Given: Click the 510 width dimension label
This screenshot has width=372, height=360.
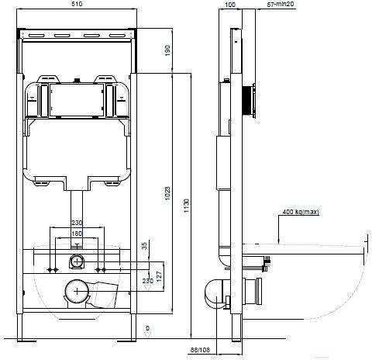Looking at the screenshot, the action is [77, 4].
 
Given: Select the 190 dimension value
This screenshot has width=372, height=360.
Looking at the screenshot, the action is [167, 50].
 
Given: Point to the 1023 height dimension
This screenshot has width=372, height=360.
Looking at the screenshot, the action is [167, 193].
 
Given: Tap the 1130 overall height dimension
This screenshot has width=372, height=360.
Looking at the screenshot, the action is [187, 206].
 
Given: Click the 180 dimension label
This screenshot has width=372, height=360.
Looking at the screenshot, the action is [77, 234].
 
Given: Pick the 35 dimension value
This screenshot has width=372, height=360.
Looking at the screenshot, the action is [145, 246].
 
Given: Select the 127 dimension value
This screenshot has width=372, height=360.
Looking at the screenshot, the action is [159, 276].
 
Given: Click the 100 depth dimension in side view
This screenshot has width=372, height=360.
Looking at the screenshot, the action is [230, 5].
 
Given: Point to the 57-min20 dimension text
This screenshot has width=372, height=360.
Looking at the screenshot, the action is [281, 4].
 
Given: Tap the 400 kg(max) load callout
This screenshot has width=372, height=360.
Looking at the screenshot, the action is [301, 212].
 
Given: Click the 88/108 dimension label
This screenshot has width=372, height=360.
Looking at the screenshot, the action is [200, 350].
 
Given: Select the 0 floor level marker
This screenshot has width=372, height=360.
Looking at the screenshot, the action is [147, 328].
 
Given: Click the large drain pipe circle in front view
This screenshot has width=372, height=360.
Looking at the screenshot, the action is [77, 292].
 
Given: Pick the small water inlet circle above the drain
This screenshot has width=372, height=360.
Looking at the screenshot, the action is [77, 261].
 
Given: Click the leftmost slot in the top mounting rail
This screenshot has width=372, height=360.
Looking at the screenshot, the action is [36, 36].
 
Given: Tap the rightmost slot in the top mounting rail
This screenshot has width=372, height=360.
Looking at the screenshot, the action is [117, 36].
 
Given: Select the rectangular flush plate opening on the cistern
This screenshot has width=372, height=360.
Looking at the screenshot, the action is [77, 100].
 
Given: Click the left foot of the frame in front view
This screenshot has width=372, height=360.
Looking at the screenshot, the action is [20, 327].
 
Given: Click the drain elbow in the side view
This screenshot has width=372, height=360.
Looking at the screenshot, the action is [214, 294].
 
